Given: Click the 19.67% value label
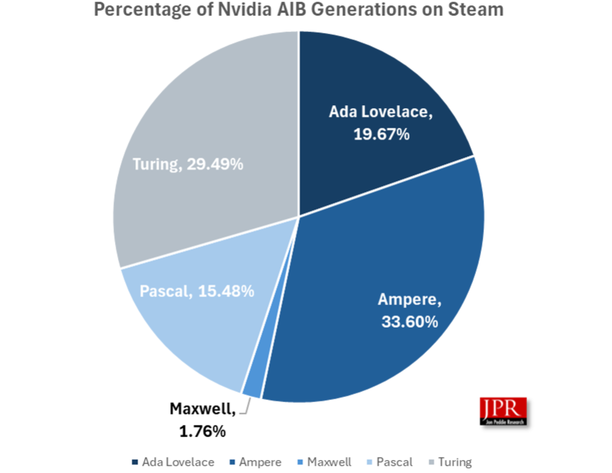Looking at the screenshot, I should tap(381, 134).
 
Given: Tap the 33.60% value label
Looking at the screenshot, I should tap(409, 322).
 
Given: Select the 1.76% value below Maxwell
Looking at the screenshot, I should tap(203, 432).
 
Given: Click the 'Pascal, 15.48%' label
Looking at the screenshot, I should tap(197, 291).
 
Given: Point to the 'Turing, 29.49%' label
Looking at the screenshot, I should tap(188, 164).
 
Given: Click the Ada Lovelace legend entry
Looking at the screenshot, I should tap(173, 462).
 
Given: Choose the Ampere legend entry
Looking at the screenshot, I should tap(256, 462).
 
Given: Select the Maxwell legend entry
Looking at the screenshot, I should tap(325, 462).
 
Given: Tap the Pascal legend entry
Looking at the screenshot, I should tap(390, 462).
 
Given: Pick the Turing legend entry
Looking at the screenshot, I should tap(451, 462).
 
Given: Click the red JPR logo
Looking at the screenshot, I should tap(503, 411).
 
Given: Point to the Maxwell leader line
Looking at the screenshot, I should tap(247, 408).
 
